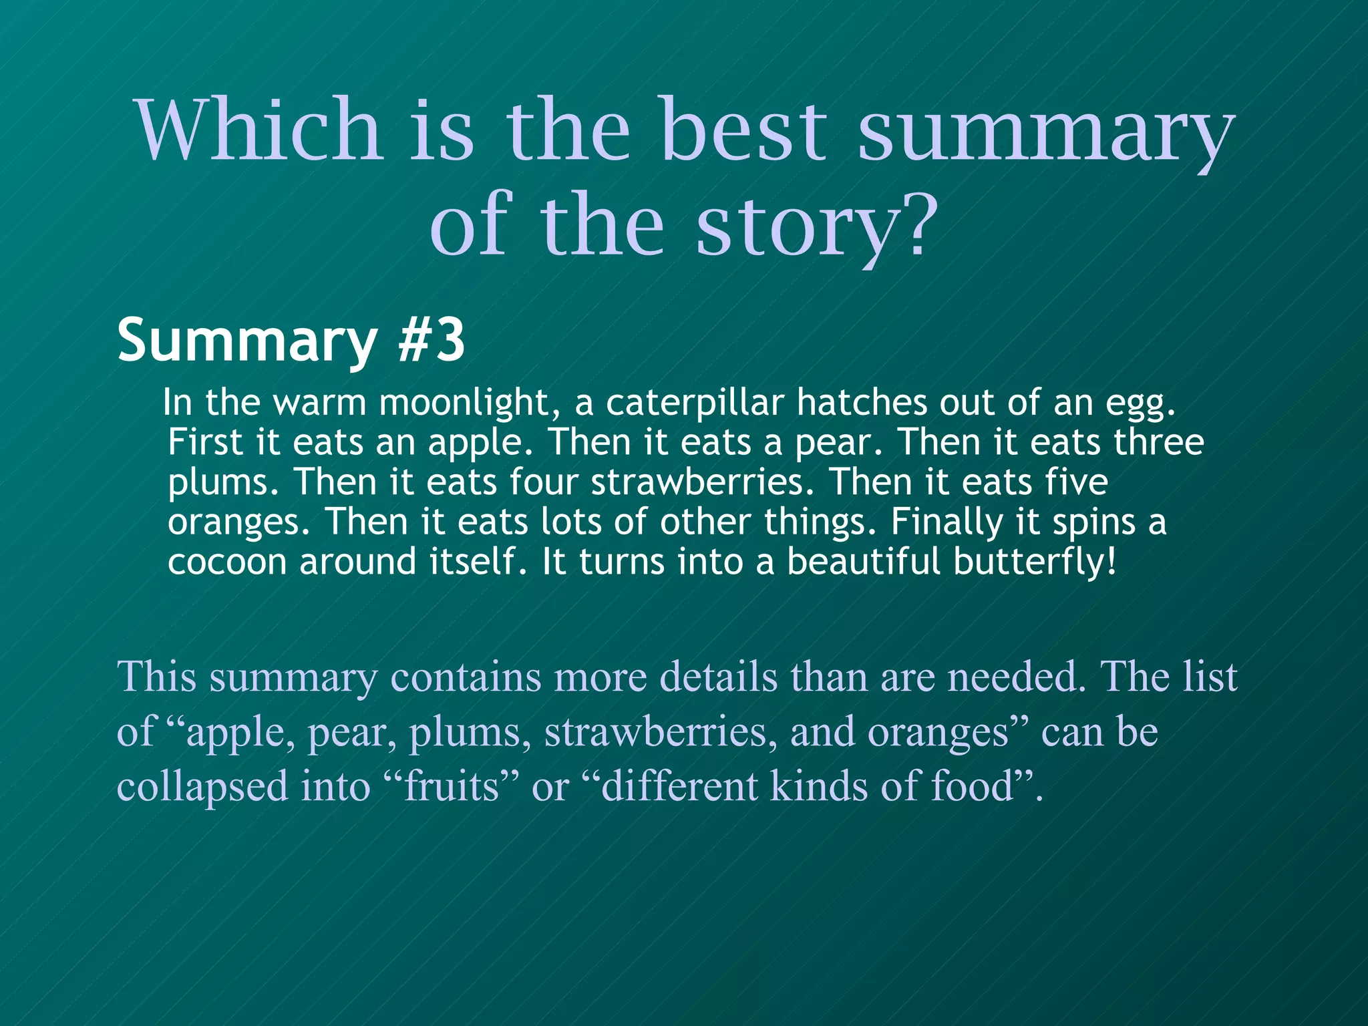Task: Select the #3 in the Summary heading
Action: click(431, 341)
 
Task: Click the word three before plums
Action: click(1159, 442)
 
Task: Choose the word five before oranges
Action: click(1076, 482)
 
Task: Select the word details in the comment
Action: click(718, 677)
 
